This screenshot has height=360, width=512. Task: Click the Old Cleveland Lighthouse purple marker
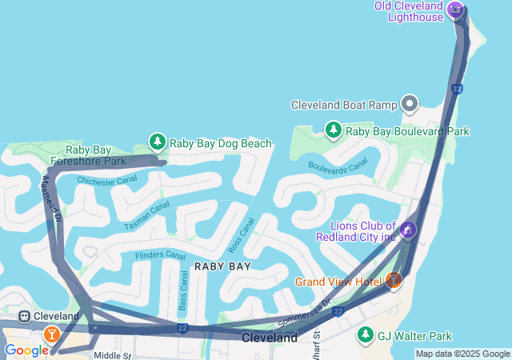click(x=455, y=9)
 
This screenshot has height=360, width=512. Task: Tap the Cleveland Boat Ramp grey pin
click(x=410, y=104)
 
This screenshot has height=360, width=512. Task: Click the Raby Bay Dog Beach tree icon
click(x=158, y=142)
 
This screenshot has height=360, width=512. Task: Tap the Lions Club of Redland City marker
click(x=408, y=231)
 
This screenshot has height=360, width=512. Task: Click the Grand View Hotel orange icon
click(x=393, y=280)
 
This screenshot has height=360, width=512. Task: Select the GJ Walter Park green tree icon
click(x=365, y=334)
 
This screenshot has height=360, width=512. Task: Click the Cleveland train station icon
click(x=25, y=317)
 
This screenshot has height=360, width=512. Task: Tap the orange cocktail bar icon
click(x=52, y=333)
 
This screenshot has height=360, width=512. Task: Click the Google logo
click(x=26, y=350)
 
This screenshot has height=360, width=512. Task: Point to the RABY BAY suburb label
click(x=222, y=266)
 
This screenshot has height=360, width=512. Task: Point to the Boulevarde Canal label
click(x=338, y=164)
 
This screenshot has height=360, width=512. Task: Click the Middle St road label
click(x=112, y=355)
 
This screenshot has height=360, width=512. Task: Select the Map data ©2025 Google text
click(x=462, y=354)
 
